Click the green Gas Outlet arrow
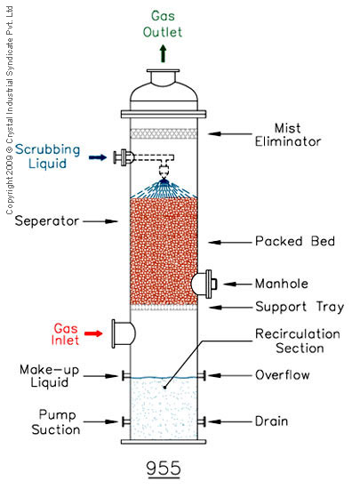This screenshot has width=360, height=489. coord(163,53)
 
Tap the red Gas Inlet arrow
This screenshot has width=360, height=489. coord(94,333)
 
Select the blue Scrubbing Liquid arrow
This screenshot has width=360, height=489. coord(98,157)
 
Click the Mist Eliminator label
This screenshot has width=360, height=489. coord(288,135)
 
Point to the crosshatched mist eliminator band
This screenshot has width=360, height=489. coord(164,133)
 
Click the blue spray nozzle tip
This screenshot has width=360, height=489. coord(164,180)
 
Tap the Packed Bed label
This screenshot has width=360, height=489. coord(295,241)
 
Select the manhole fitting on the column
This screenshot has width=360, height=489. coord(204,284)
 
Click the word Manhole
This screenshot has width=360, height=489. coord(282,284)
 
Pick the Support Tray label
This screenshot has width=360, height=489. coord(300,307)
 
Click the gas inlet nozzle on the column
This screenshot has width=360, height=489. coord(124,333)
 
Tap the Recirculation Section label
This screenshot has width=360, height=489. coord(298,341)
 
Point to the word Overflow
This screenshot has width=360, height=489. coord(283,375)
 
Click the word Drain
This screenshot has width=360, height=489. coord(271,421)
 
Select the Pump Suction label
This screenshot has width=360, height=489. coord(56,422)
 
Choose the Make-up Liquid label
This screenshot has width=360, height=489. coord(49,376)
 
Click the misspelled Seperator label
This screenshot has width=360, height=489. coord(47,221)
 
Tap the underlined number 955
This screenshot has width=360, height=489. coord(164,469)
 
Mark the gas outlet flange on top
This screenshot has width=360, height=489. coord(163,71)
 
